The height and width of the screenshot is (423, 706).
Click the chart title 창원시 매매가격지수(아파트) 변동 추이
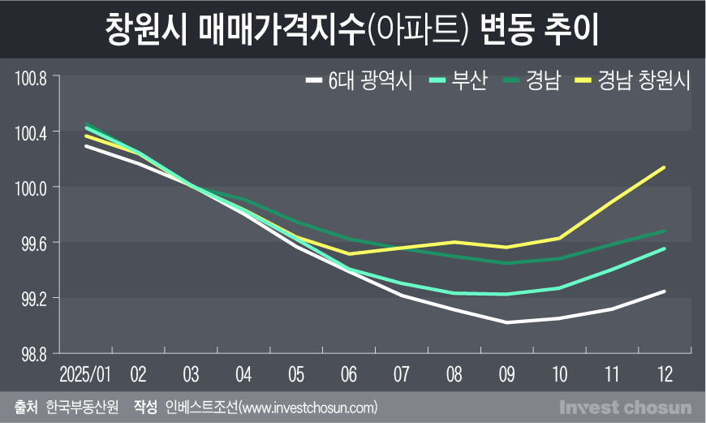tap(352, 29)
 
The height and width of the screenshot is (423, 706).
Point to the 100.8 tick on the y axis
tap(32, 79)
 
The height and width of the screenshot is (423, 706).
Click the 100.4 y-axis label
tap(32, 132)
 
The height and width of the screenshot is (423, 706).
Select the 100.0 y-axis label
tap(32, 188)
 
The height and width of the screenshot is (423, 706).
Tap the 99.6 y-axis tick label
tap(33, 243)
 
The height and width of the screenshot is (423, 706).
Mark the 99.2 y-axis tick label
tap(33, 299)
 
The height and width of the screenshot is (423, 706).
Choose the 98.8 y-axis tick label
tap(33, 354)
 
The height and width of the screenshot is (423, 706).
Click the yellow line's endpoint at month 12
tap(665, 168)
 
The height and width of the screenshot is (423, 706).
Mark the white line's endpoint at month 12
tap(665, 291)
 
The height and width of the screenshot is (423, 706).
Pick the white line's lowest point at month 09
tap(506, 322)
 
